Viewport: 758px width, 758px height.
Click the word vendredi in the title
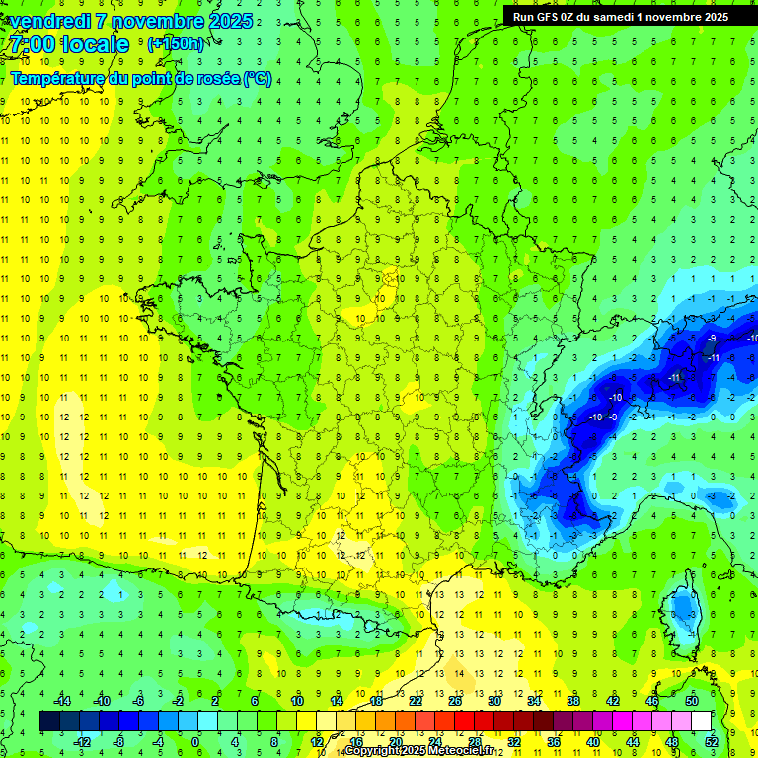[47, 21]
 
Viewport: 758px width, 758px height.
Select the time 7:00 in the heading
[30, 44]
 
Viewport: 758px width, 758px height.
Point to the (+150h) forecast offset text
[175, 44]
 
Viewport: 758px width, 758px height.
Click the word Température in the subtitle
[54, 78]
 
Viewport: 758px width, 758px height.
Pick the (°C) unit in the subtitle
[258, 78]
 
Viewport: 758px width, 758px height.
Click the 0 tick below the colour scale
[195, 742]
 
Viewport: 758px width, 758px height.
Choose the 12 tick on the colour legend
[317, 742]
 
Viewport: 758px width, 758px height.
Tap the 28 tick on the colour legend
[475, 742]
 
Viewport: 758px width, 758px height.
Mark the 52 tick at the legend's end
[711, 742]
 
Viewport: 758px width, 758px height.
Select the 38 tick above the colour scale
[572, 701]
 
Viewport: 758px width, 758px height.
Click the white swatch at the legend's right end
[701, 721]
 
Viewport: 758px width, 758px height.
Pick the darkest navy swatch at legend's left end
[49, 721]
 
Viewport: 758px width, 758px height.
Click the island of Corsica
[681, 612]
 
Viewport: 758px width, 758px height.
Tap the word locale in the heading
[93, 44]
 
